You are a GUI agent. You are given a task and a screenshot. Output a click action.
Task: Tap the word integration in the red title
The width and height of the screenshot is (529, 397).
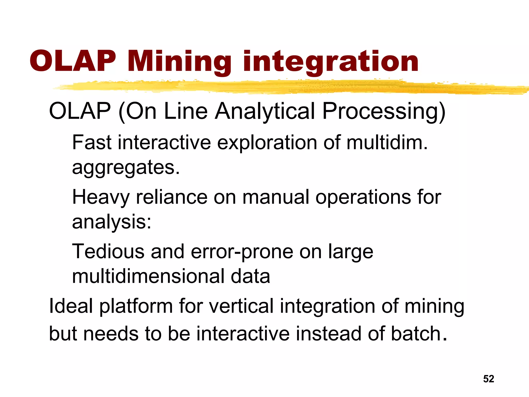[x=331, y=61]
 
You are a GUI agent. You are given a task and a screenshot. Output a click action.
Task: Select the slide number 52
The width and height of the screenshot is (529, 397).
[x=488, y=379]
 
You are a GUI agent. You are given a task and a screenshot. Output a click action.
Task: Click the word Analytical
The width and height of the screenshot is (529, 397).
[x=265, y=111]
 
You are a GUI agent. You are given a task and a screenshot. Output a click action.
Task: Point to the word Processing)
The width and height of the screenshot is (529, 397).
[x=384, y=111]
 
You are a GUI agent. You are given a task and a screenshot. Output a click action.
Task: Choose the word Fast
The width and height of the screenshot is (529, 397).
[x=92, y=143]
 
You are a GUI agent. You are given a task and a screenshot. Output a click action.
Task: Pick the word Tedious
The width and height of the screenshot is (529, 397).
[x=108, y=251]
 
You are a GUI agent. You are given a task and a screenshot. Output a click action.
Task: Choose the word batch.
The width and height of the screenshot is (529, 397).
[x=418, y=334]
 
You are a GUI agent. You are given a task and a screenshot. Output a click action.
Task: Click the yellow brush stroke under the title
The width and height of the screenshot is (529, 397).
[x=284, y=87]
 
